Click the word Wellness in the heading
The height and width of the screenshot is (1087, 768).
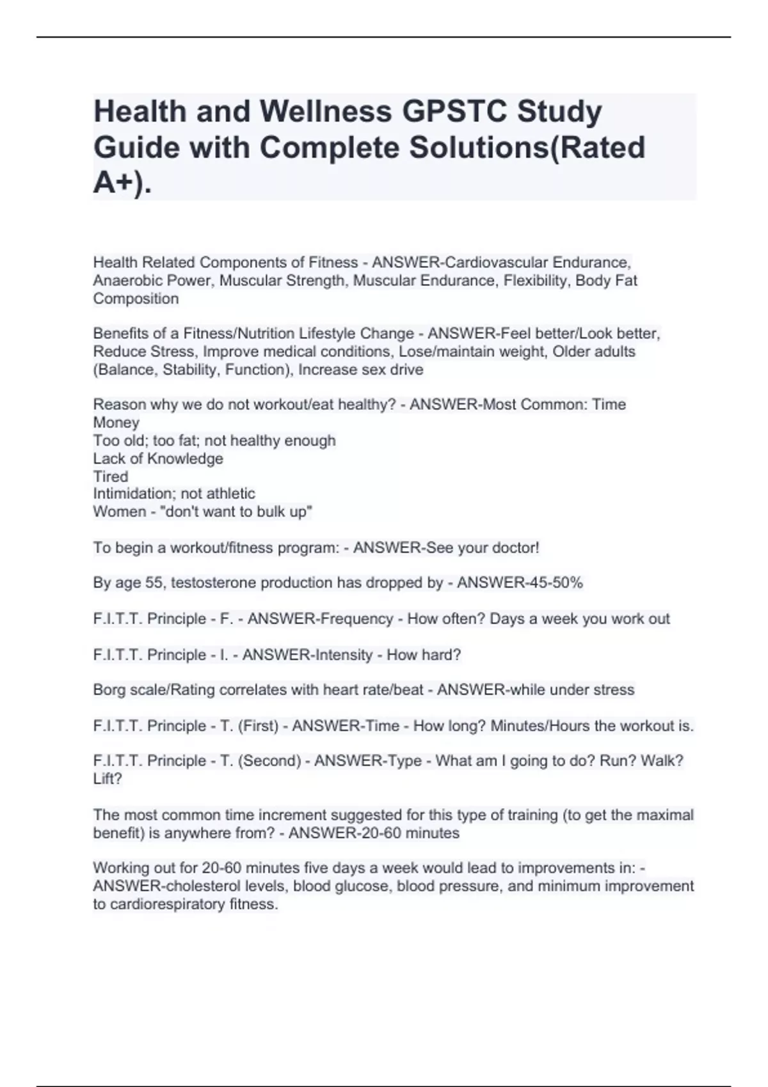pos(325,111)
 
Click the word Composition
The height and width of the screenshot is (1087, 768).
pos(136,299)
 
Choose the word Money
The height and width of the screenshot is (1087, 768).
pos(116,422)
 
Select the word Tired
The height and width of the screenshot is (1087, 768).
pos(110,476)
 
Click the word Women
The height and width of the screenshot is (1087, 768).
pos(120,512)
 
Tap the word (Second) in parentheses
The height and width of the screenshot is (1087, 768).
pos(269,761)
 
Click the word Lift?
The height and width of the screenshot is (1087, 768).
pos(107,779)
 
